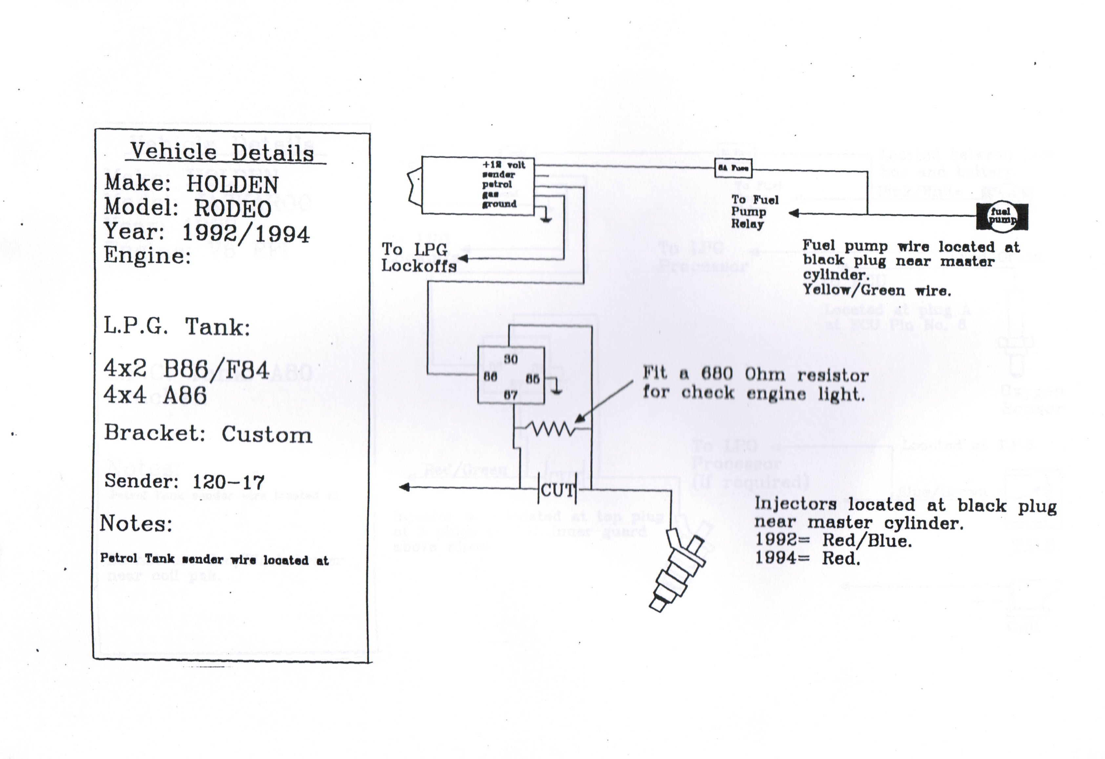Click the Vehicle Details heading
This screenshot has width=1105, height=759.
click(x=222, y=152)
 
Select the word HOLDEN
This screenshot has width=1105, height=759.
click(x=232, y=184)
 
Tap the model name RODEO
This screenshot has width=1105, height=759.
click(x=233, y=209)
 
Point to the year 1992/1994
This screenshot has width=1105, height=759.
click(x=246, y=234)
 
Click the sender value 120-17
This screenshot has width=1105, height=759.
click(x=228, y=482)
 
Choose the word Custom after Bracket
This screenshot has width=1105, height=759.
click(x=267, y=434)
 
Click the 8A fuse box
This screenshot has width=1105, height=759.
click(x=733, y=168)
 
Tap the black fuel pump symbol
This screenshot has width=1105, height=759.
click(x=1002, y=216)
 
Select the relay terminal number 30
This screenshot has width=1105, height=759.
click(x=511, y=359)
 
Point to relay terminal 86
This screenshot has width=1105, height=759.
click(x=490, y=377)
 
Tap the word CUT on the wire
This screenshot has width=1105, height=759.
click(x=557, y=490)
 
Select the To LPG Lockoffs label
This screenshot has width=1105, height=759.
click(x=418, y=257)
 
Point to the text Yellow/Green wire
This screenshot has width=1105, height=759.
click(x=877, y=290)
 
